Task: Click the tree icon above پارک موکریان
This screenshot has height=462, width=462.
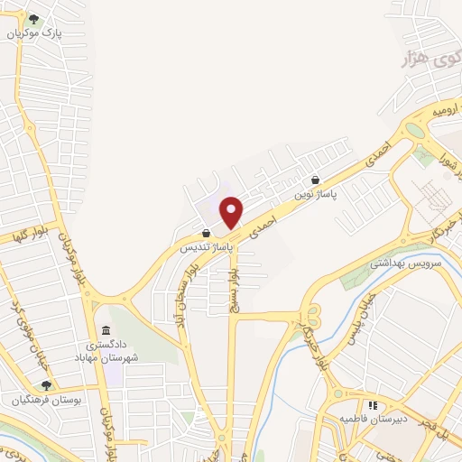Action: point(33,18)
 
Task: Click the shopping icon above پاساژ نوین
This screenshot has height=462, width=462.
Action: point(315,179)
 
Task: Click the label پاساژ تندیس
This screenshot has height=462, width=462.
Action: point(208,245)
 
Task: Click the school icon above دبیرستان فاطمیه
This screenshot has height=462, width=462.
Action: point(373,405)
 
